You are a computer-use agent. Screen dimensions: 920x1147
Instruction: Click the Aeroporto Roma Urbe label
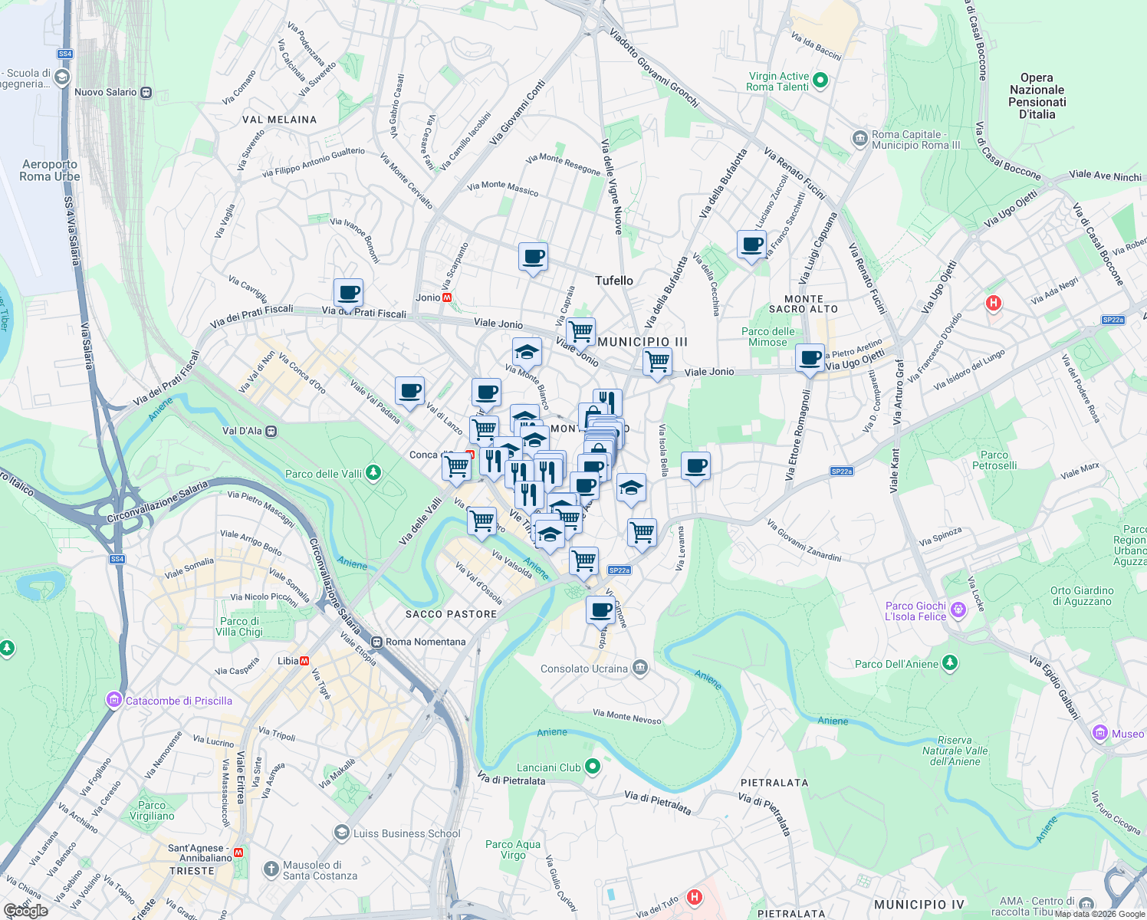pos(50,170)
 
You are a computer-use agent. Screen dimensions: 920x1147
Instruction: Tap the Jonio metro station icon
pos(447,297)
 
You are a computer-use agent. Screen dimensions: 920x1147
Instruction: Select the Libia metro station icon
pos(304,661)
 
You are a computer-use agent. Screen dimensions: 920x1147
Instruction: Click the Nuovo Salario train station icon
pos(146,92)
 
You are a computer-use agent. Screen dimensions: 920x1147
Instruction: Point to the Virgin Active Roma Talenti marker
pos(820,80)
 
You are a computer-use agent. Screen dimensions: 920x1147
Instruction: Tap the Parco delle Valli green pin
pos(373,473)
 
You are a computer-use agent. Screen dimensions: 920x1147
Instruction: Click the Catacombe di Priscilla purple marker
pos(114,700)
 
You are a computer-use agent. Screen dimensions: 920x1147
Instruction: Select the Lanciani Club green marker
pos(592,767)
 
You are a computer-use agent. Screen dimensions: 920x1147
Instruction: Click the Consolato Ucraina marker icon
pos(640,668)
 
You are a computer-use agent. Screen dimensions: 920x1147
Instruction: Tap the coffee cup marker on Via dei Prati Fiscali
pos(348,293)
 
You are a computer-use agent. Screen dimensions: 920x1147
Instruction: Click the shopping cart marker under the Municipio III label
pos(657,362)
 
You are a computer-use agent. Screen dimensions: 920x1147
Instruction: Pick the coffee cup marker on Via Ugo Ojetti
pos(810,358)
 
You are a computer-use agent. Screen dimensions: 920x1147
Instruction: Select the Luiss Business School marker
pos(342,833)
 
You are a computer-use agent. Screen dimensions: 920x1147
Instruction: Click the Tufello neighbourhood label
pos(614,281)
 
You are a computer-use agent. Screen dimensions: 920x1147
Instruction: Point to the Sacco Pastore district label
pos(451,614)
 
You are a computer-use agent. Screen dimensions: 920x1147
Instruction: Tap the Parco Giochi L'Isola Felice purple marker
pos(958,610)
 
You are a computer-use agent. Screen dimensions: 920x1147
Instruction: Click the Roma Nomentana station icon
pos(376,642)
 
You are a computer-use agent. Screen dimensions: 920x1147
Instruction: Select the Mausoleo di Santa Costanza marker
pos(271,869)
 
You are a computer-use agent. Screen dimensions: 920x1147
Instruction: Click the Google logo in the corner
pos(25,911)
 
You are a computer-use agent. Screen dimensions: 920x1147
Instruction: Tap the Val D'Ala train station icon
pos(271,431)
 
